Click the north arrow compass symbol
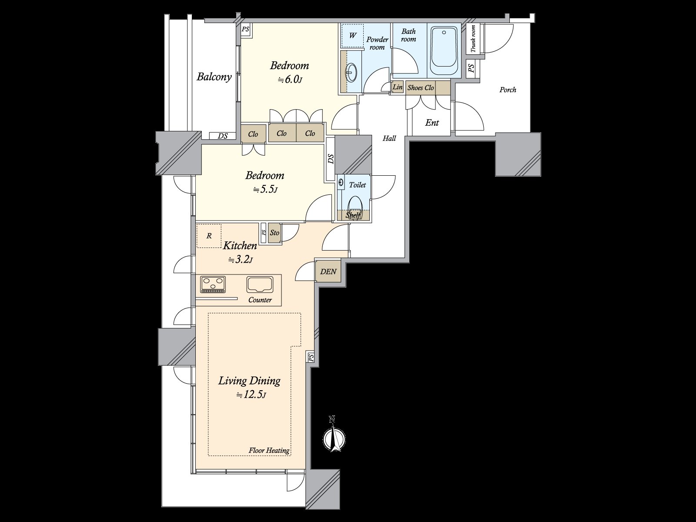(x=334, y=436)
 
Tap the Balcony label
(x=214, y=77)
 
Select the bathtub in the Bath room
(x=443, y=51)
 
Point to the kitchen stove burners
(x=213, y=284)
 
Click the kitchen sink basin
(x=260, y=285)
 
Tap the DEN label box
(x=328, y=271)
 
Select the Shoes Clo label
(x=421, y=87)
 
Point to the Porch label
(x=508, y=90)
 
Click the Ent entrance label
(x=432, y=123)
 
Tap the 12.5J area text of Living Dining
(x=251, y=395)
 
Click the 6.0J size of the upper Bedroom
(x=290, y=80)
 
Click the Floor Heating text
(x=269, y=450)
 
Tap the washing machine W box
(x=353, y=35)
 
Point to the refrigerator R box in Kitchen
(x=209, y=236)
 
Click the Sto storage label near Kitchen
(x=274, y=233)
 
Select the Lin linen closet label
(x=398, y=87)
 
